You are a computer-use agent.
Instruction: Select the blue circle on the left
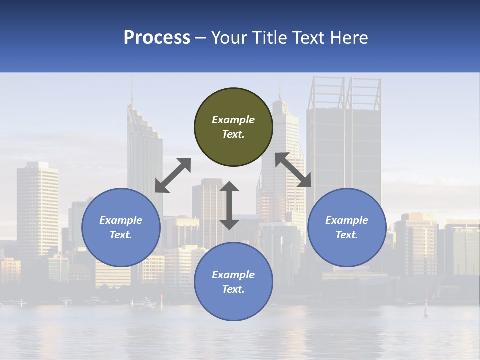[x=121, y=227]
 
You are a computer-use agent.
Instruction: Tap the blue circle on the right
[x=347, y=227]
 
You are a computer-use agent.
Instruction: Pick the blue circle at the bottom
[x=233, y=282]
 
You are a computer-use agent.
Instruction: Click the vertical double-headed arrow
[x=229, y=205]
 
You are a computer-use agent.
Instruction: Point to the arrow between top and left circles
[x=173, y=175]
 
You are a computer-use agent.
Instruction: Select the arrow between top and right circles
[x=293, y=170]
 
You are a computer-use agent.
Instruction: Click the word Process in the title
[x=157, y=38]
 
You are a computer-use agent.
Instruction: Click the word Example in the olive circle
[x=233, y=120]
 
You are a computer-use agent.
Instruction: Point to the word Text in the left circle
[x=121, y=235]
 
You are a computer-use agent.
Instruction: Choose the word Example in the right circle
[x=347, y=220]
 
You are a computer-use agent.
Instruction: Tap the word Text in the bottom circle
[x=233, y=289]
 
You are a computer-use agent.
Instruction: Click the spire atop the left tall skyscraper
[x=132, y=94]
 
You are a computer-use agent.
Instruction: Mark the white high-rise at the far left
[x=37, y=205]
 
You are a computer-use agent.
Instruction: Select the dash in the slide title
[x=201, y=38]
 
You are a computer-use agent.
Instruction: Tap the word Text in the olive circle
[x=233, y=134]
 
